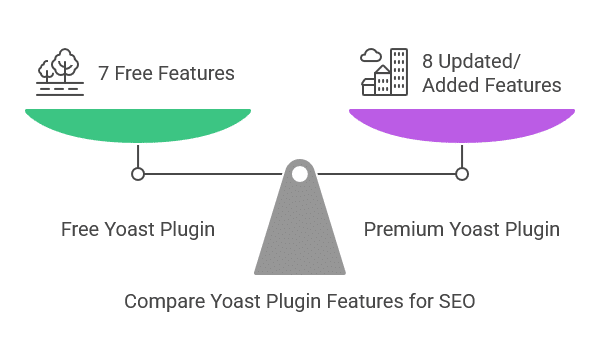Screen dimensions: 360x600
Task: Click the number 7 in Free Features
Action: tap(103, 73)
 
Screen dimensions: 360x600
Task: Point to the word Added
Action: tap(451, 85)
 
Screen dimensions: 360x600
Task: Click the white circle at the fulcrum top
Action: tap(299, 174)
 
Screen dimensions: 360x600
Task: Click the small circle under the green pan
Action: tap(138, 174)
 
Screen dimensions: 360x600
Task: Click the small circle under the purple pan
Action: tap(461, 174)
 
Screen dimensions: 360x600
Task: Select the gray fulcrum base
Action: tap(299, 235)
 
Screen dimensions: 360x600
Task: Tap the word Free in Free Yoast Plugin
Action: tap(80, 230)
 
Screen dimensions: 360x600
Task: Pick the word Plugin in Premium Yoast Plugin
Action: tap(530, 230)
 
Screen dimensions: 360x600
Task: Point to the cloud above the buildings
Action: tap(371, 55)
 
